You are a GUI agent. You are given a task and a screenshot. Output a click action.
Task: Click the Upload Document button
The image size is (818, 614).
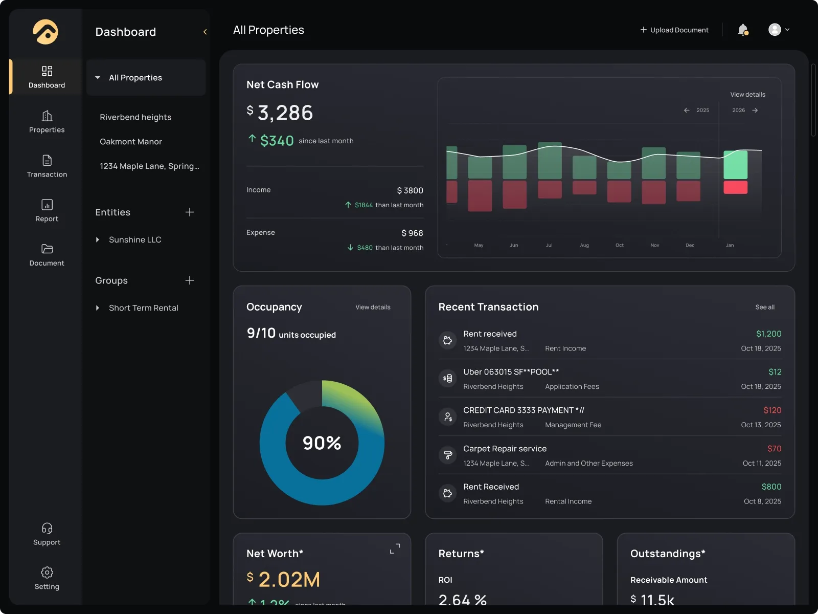(674, 30)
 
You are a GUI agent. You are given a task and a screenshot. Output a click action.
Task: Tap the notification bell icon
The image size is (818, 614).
(743, 30)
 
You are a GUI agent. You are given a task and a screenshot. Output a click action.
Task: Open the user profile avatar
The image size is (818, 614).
(775, 30)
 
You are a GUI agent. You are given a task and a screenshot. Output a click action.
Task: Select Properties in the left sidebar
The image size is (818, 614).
(47, 122)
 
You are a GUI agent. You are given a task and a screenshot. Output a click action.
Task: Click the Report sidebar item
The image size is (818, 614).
(47, 210)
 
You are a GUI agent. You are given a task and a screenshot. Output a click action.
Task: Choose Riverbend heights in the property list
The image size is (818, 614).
(135, 117)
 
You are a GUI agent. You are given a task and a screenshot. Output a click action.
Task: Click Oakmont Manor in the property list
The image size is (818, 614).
(131, 142)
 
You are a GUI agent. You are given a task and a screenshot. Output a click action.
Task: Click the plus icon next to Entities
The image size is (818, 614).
(190, 212)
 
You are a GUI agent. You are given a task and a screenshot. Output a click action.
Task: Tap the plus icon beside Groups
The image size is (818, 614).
(190, 280)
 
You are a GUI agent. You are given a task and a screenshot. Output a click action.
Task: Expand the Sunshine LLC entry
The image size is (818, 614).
(98, 239)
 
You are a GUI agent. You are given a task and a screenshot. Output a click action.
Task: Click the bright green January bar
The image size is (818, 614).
(735, 165)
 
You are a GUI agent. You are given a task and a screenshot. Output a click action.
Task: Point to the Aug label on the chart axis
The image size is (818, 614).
(584, 246)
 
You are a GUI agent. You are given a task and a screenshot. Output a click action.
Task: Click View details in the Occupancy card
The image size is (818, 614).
(373, 307)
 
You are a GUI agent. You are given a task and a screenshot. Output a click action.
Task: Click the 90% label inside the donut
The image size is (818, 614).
(322, 443)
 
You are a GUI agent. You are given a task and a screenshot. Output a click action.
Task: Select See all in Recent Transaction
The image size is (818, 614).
(765, 307)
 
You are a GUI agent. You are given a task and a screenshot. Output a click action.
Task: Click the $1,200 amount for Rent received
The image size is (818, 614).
(768, 334)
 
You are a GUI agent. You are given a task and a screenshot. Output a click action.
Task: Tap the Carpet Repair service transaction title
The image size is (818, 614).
(505, 449)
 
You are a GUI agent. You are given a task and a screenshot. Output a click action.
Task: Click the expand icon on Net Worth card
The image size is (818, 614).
(395, 549)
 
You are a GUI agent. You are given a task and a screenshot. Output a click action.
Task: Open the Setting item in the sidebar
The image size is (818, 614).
(47, 578)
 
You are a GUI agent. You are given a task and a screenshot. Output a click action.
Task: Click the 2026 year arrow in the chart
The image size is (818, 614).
(755, 111)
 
